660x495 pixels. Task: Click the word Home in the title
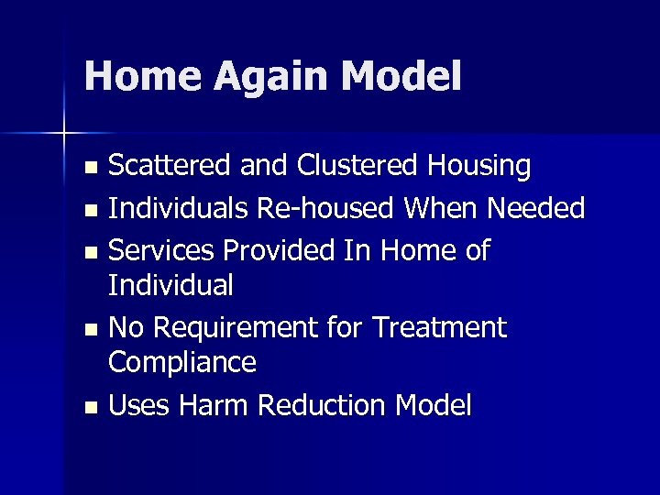pyautogui.click(x=138, y=77)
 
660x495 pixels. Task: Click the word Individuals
pyautogui.click(x=179, y=209)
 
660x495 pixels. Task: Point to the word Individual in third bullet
pyautogui.click(x=171, y=285)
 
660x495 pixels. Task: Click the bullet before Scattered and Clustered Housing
pyautogui.click(x=90, y=169)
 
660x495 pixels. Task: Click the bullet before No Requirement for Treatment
pyautogui.click(x=90, y=329)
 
